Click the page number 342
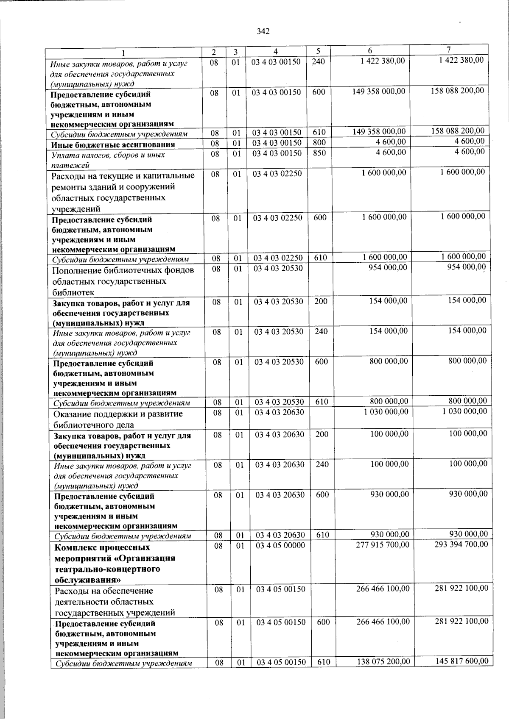click(263, 31)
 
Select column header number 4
click(276, 52)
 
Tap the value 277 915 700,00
click(383, 545)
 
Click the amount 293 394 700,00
click(461, 544)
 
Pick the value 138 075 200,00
click(383, 661)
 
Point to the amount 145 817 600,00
click(462, 661)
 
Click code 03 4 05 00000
click(280, 546)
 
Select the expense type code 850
click(319, 153)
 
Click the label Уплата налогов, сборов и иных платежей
click(108, 160)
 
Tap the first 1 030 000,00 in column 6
click(386, 412)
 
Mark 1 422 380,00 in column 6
click(382, 61)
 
